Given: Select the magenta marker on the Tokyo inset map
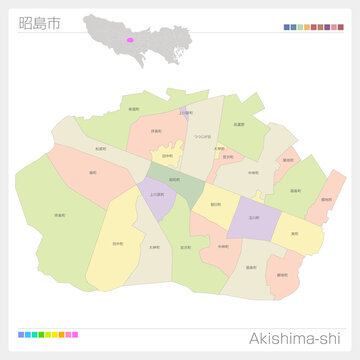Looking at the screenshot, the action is point(129,40).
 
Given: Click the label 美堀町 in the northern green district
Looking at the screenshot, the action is point(134,109).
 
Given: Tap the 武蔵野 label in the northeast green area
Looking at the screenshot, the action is point(239,124).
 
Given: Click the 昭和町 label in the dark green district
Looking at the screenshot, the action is point(175,180).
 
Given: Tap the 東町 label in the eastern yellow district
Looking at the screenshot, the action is point(294,234).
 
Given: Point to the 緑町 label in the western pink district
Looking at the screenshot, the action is point(92,172).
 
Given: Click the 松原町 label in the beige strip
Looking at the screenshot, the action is point(101,149).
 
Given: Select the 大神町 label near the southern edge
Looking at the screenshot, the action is point(153,247).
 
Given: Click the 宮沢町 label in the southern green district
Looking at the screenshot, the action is point(186,247).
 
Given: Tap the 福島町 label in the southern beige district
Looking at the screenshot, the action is point(249,268).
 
